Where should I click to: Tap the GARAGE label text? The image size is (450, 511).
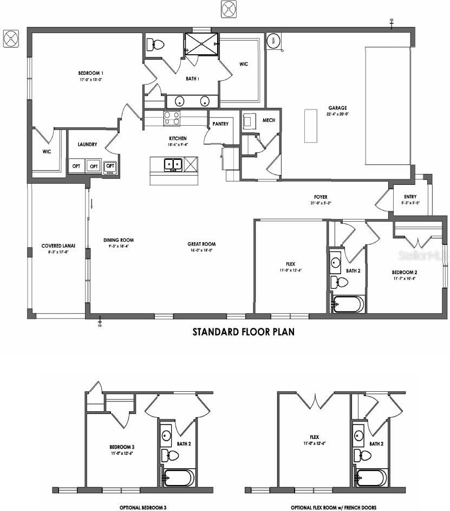pyautogui.click(x=337, y=108)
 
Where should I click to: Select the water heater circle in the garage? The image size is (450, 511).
pyautogui.click(x=274, y=41)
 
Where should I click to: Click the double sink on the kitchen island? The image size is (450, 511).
pyautogui.click(x=173, y=164)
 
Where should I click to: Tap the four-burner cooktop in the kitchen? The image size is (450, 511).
pyautogui.click(x=172, y=118)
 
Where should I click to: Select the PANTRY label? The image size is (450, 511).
pyautogui.click(x=220, y=124)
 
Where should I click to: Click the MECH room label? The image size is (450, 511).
pyautogui.click(x=269, y=120)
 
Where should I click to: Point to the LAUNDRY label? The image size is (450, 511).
pyautogui.click(x=87, y=145)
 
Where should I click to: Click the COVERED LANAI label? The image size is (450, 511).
pyautogui.click(x=58, y=245)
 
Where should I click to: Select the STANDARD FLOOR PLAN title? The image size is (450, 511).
pyautogui.click(x=244, y=332)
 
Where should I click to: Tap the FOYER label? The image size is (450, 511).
pyautogui.click(x=321, y=197)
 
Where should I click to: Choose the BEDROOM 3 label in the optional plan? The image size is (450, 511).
pyautogui.click(x=122, y=447)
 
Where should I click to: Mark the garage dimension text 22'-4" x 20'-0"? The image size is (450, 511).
pyautogui.click(x=337, y=114)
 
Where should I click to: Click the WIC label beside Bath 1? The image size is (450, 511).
pyautogui.click(x=244, y=64)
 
